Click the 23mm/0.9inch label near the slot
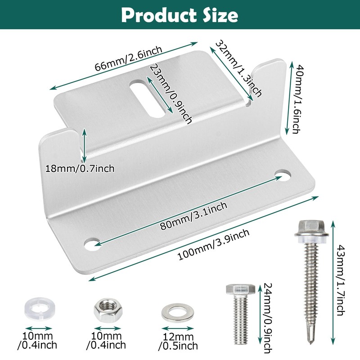tap(171, 93)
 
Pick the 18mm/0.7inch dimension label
tap(80, 169)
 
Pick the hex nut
tap(103, 310)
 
